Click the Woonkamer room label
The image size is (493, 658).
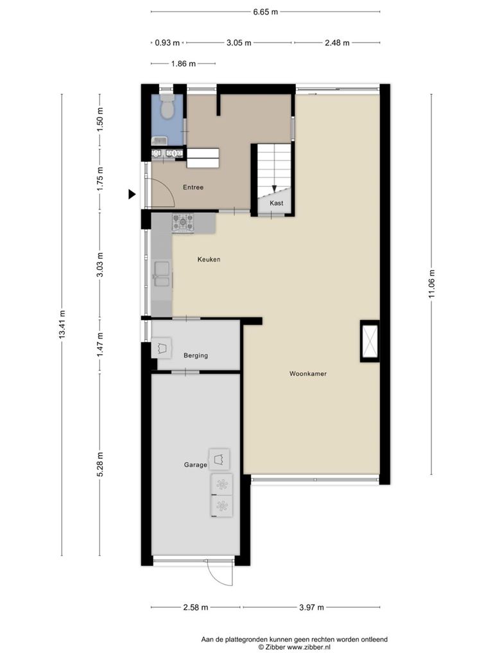pos(307,373)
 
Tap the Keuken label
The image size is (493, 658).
pos(209,260)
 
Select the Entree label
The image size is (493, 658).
pos(193,187)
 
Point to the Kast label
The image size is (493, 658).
pos(276,203)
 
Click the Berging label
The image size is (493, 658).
pos(196,355)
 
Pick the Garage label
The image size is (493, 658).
pos(195,465)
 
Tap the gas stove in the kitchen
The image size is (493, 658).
pos(183,222)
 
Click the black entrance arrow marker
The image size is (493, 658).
pos(132,194)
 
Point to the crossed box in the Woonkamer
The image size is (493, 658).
pos(370,341)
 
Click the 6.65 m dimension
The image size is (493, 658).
pos(265,12)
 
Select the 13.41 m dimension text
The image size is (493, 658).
pos(62,325)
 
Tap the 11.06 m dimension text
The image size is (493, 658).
pos(432,284)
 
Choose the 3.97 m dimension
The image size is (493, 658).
pos(311,607)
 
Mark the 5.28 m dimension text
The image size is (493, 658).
pos(99,465)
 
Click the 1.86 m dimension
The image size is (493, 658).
pos(183,64)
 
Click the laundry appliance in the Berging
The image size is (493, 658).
pos(161,348)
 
